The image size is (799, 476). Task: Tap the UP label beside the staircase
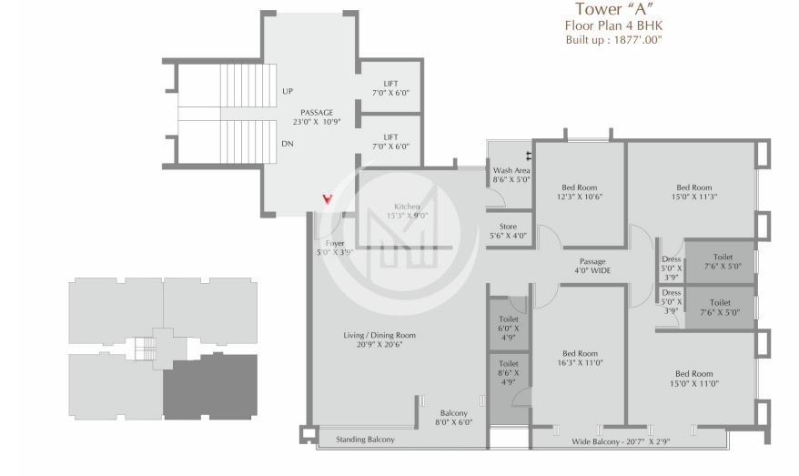click(x=288, y=91)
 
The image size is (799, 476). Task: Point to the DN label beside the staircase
click(x=288, y=144)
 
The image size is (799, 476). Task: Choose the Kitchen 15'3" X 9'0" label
click(x=406, y=211)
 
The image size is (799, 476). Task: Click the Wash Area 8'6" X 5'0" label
click(x=511, y=175)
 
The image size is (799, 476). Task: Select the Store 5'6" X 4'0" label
click(x=508, y=231)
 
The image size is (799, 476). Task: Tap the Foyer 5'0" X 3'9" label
click(x=334, y=248)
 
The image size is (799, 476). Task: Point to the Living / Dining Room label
click(x=379, y=340)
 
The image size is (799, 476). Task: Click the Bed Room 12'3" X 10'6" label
click(x=579, y=191)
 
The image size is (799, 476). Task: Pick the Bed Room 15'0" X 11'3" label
click(x=693, y=191)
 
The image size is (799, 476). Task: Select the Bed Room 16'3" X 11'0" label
click(x=579, y=358)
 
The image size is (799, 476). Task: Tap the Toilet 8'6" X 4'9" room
click(x=509, y=373)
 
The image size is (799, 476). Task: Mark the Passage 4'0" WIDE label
click(x=592, y=266)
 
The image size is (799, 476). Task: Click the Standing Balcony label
click(x=365, y=440)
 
